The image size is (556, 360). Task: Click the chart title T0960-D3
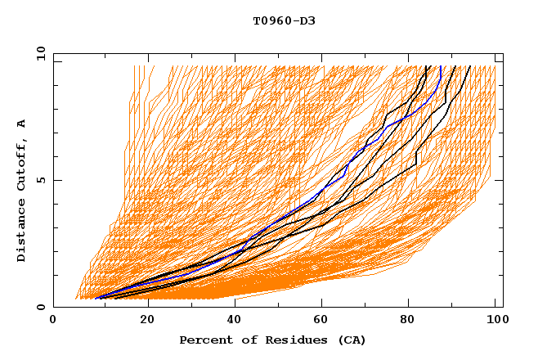[284, 20]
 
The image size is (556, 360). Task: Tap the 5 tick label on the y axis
[39, 180]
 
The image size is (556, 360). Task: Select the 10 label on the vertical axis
[38, 52]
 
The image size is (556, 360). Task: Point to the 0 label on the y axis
[39, 307]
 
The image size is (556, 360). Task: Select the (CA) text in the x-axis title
[352, 340]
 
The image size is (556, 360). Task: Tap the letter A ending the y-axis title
[21, 124]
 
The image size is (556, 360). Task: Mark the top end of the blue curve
[441, 67]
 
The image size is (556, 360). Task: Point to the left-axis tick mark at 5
[56, 180]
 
